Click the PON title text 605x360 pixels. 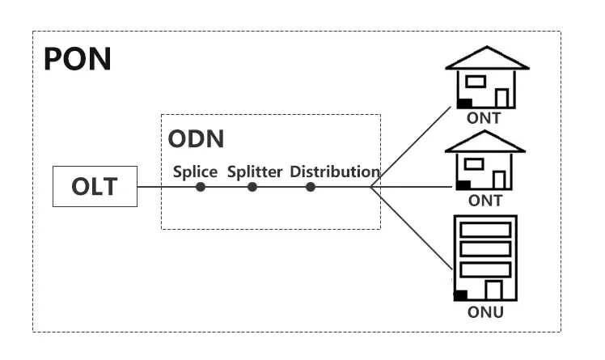(x=77, y=59)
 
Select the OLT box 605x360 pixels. (x=94, y=187)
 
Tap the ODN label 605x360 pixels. (x=196, y=138)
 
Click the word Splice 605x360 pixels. (x=195, y=172)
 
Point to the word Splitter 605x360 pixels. (x=255, y=172)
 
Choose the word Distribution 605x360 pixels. (x=335, y=172)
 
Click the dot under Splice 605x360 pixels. (x=201, y=187)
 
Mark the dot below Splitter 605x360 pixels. (x=252, y=187)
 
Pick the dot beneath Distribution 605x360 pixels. (x=311, y=187)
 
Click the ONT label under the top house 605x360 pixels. (x=484, y=118)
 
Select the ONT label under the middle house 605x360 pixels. (x=485, y=201)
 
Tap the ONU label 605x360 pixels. (x=485, y=312)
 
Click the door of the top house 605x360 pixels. (x=501, y=98)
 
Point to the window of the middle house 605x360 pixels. (x=475, y=164)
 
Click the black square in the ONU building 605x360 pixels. (x=460, y=295)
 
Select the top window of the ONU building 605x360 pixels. (x=485, y=229)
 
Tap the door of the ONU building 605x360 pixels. (x=493, y=290)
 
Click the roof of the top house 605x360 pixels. (x=486, y=57)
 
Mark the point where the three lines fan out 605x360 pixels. (x=370, y=187)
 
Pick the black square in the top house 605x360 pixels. (x=465, y=103)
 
